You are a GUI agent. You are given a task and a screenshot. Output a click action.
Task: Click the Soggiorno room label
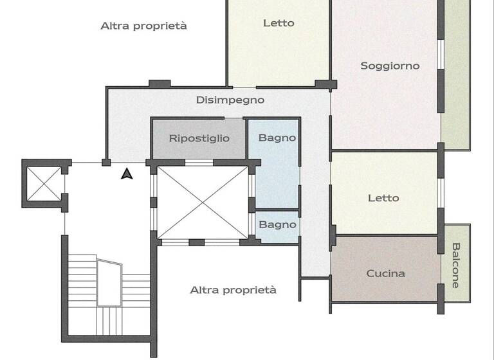coord(390,66)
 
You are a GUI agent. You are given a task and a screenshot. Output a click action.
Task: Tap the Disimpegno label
coord(230,100)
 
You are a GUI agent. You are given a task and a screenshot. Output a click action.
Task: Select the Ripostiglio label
coord(199,138)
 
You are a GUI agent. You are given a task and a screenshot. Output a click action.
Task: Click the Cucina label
coord(386,273)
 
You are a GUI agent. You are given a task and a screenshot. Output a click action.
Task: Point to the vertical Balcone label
coord(456,264)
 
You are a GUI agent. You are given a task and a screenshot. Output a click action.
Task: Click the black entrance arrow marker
coord(127,173)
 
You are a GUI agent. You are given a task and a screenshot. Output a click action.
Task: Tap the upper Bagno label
coord(277,138)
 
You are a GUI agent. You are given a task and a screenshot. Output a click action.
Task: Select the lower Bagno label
coord(277,225)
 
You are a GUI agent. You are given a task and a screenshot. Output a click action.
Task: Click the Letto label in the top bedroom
coord(279,23)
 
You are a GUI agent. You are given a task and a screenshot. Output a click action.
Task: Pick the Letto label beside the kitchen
coord(383,198)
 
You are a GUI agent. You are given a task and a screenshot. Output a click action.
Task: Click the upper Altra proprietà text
coord(144,26)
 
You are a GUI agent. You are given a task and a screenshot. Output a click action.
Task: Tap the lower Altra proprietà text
coord(233,290)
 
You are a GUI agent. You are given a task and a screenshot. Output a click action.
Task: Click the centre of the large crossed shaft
coord(203,202)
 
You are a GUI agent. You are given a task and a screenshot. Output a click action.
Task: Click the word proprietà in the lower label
coord(253,290)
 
